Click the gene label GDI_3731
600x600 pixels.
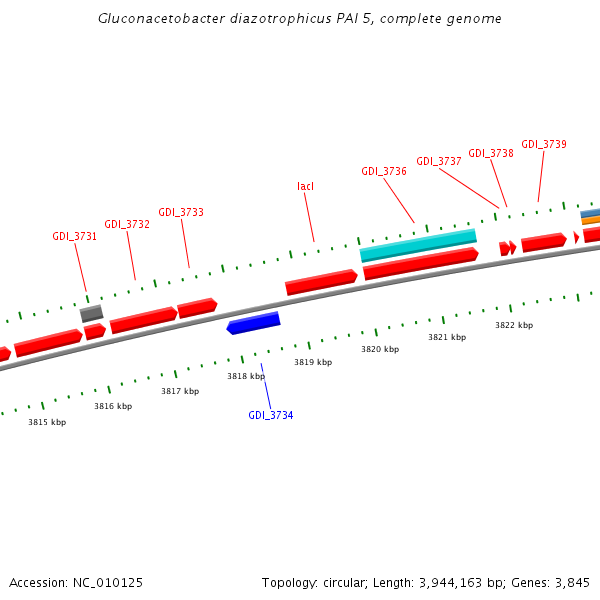point(75,237)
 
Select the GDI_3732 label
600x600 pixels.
point(127,224)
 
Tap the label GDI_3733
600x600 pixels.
point(181,212)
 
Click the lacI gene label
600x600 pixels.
point(306,186)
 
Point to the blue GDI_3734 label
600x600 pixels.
point(271,415)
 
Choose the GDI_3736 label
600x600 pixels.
point(384,171)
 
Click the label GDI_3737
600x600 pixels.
point(439,161)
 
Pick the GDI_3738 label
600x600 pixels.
point(491,153)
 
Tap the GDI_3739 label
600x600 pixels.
point(544,144)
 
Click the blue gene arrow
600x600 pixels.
point(254,323)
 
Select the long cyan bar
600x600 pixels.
point(418,245)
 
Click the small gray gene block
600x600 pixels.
point(92,314)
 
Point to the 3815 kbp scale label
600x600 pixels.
point(47,422)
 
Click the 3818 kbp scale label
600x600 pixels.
point(246,376)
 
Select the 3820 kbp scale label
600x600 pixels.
point(380,349)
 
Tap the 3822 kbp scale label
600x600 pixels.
point(514,325)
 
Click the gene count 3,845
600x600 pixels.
point(571,582)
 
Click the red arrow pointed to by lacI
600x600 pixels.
point(321,282)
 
